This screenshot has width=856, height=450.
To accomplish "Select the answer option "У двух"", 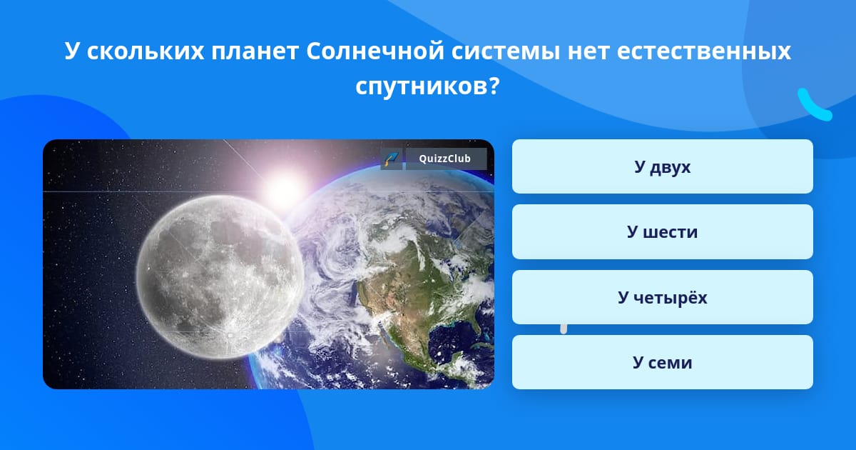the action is tap(662, 166).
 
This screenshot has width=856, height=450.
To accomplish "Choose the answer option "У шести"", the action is tap(662, 232).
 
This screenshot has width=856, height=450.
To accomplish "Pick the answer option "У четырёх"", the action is tap(662, 297).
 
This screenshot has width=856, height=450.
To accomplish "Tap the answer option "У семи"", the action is tap(662, 362).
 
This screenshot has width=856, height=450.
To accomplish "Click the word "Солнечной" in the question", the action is tap(375, 51).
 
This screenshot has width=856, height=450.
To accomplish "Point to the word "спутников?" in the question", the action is tap(427, 87).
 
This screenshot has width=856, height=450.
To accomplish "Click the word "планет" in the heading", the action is tap(255, 51).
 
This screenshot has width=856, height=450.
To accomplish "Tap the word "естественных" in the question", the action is tap(704, 51).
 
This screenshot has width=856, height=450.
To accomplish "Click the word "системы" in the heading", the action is tap(506, 51).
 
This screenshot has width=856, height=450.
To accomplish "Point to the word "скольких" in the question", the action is tap(146, 51).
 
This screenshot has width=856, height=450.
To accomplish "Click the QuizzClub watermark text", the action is tap(445, 159).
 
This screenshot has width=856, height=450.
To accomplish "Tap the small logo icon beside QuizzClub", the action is tap(392, 159).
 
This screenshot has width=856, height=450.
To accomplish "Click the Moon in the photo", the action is tap(220, 277).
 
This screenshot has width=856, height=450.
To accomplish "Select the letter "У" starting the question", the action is tap(72, 51).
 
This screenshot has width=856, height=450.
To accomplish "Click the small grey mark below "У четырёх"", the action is tap(564, 329).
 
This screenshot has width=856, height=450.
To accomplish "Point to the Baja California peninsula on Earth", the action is tap(383, 330).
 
